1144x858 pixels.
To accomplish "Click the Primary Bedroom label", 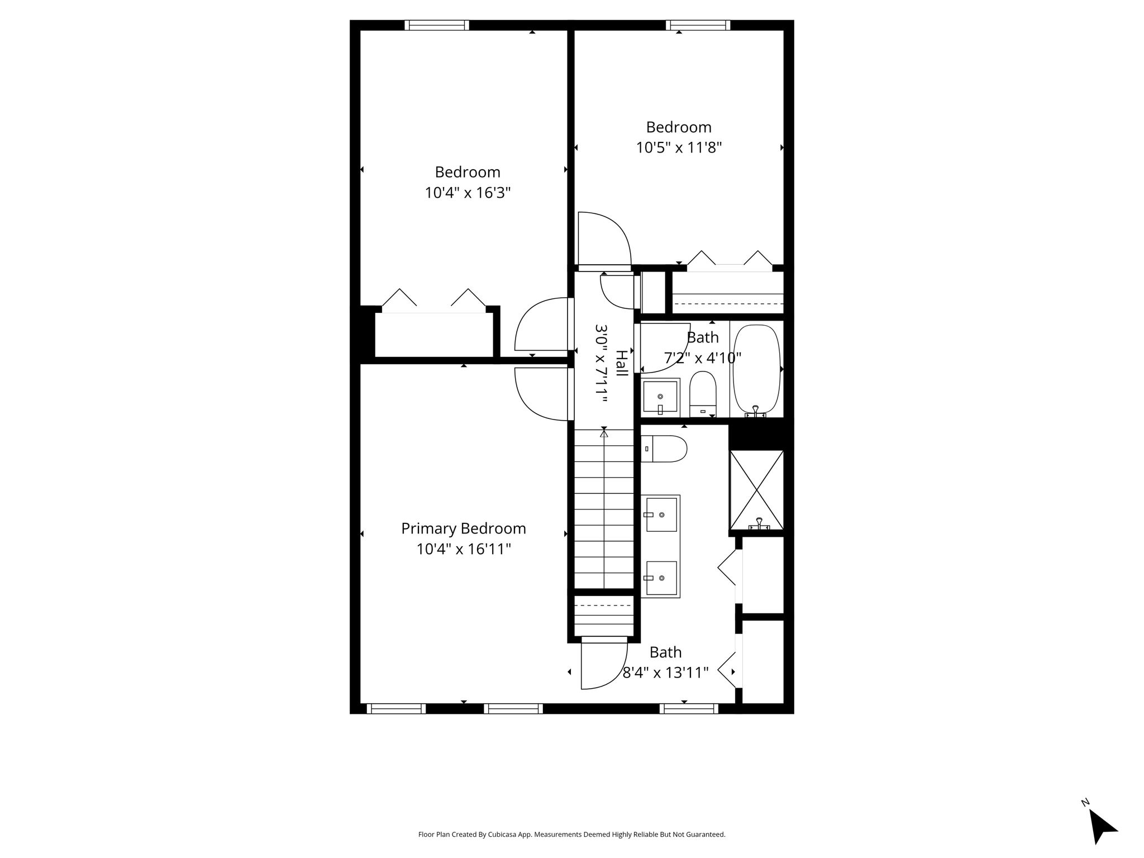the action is [464, 528].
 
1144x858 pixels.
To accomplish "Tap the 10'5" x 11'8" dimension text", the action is [679, 148].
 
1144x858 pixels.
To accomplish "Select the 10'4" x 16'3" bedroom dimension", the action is [468, 193].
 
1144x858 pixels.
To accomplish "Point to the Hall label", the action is [621, 363].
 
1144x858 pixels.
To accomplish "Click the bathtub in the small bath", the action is [756, 369].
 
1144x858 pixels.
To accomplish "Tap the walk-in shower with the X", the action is [757, 490].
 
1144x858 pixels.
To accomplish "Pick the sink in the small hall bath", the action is [660, 397].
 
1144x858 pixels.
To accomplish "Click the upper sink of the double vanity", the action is [661, 514].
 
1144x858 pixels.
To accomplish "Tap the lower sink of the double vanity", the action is [661, 578].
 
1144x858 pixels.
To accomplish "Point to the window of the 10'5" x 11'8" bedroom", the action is [698, 25].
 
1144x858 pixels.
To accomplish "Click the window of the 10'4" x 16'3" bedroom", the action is [437, 25].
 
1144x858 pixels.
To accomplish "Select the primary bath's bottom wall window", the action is [689, 709].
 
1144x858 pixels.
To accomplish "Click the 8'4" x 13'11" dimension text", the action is [666, 673].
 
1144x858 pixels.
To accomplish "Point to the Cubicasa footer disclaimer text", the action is [572, 835].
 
